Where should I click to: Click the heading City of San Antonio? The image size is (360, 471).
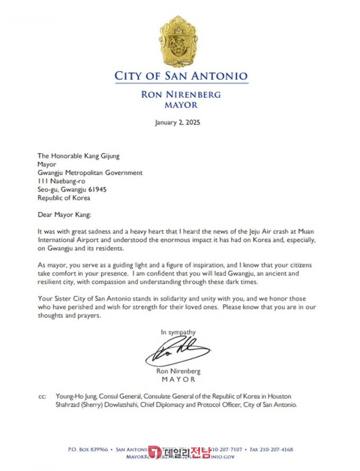[x=181, y=76]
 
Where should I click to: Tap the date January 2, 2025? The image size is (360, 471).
[x=177, y=122]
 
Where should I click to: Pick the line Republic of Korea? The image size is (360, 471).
[x=64, y=198]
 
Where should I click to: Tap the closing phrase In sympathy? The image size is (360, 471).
[x=178, y=332]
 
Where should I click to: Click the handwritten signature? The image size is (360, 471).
[x=178, y=350]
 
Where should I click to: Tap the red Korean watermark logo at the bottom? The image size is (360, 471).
[x=181, y=451]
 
